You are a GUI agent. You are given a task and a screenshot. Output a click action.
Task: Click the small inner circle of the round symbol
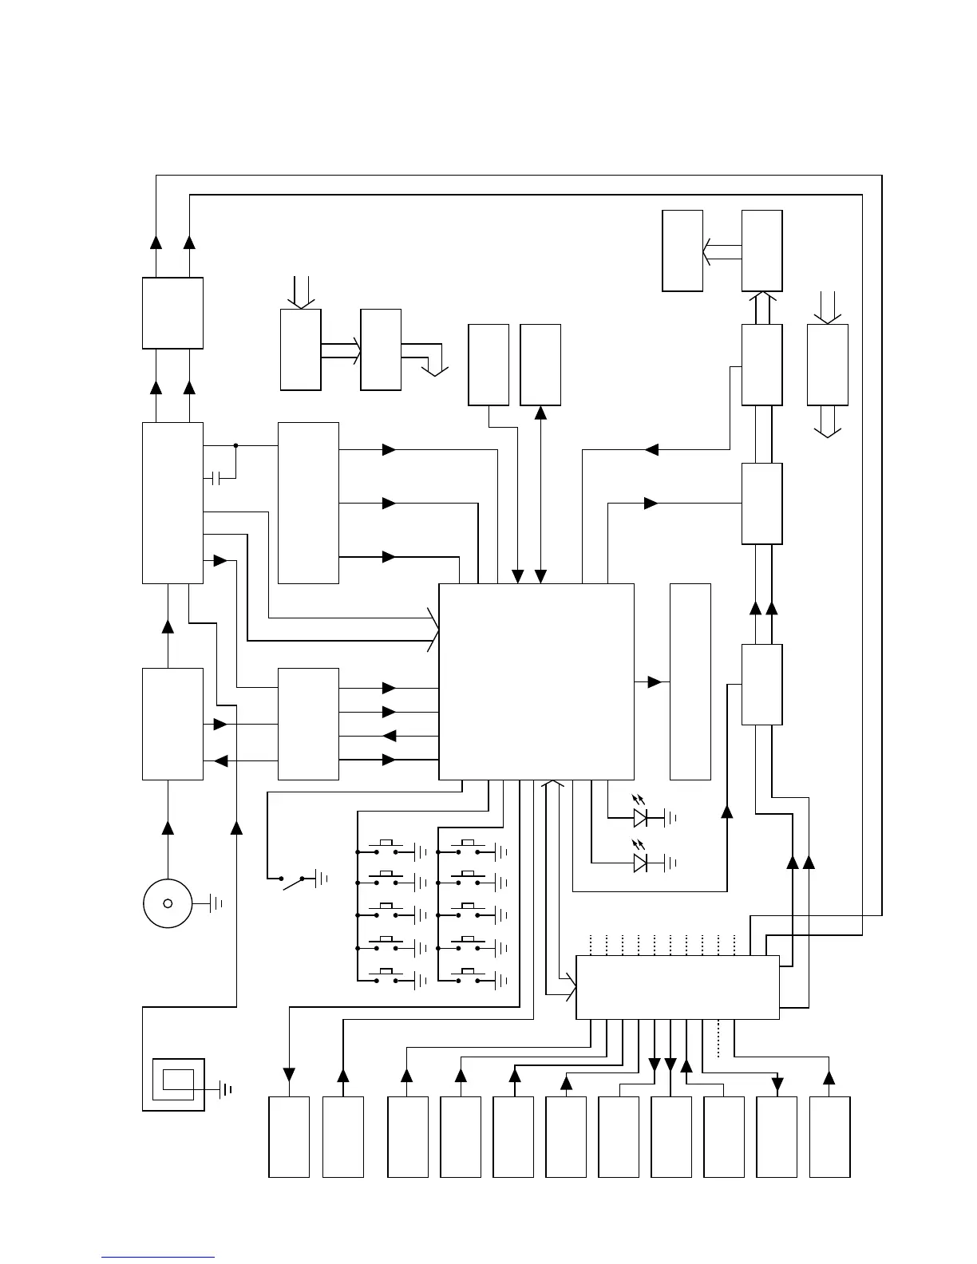click(x=168, y=903)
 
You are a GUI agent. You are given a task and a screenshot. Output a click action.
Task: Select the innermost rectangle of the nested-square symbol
click(x=178, y=1079)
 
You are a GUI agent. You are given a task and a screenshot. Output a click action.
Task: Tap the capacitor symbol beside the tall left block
click(x=217, y=479)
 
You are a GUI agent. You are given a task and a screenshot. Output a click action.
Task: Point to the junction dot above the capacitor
click(x=235, y=445)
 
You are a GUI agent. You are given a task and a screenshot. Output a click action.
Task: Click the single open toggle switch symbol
click(x=294, y=881)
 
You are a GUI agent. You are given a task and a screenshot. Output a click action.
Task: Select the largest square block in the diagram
click(x=536, y=681)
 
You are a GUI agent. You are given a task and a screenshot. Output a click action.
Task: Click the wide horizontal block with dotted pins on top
click(x=677, y=987)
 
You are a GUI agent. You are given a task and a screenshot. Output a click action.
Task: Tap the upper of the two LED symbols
click(x=640, y=817)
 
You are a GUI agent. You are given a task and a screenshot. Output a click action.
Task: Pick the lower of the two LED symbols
click(x=640, y=863)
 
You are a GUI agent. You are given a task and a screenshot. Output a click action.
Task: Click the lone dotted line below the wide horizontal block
click(x=718, y=1039)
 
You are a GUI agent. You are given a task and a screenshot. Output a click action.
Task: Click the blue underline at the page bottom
click(x=158, y=1258)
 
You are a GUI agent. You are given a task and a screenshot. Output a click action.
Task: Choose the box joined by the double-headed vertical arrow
click(x=540, y=365)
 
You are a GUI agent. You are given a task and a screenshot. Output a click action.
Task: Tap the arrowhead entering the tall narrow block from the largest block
click(x=655, y=682)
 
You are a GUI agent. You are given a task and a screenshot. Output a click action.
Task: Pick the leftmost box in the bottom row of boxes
click(x=289, y=1136)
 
